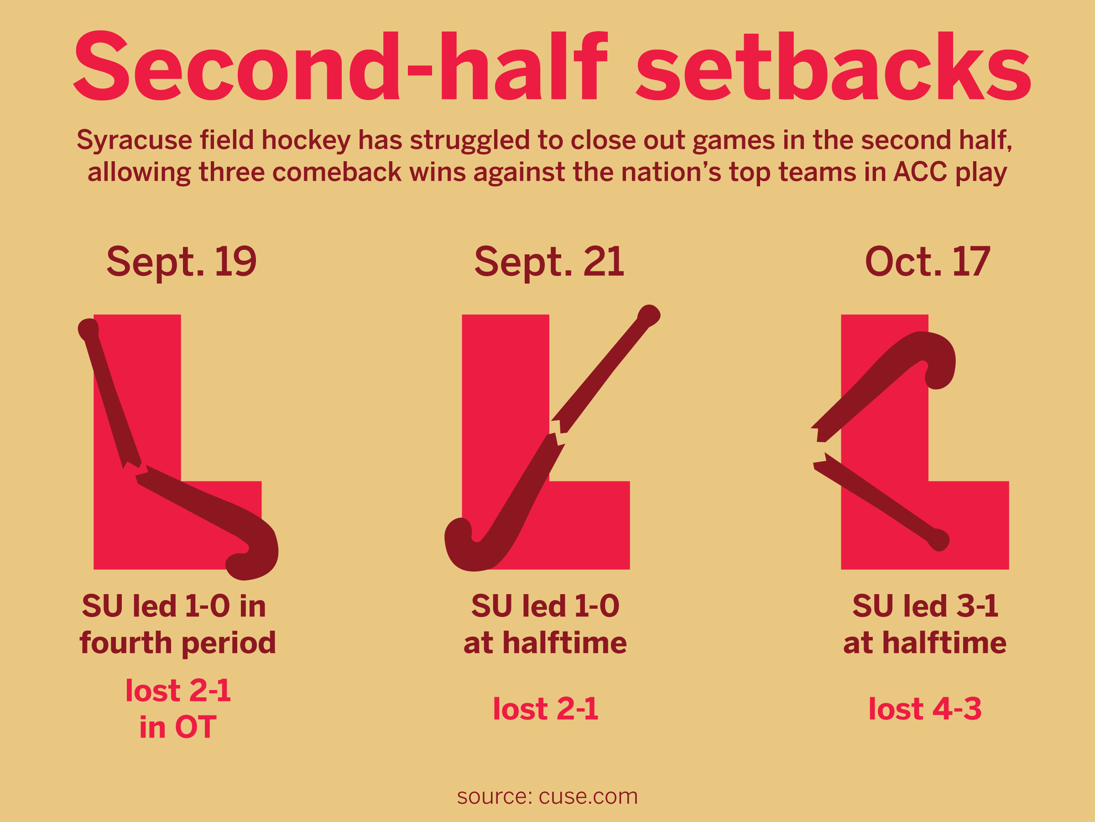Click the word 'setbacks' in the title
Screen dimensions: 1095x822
tap(833, 65)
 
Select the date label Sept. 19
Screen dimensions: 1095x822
tap(182, 262)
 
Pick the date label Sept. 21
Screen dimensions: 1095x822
tap(549, 262)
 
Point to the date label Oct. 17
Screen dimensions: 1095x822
tap(927, 262)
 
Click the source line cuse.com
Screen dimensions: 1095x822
tap(547, 797)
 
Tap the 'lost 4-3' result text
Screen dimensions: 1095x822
tap(925, 709)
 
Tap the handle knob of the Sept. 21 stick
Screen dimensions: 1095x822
tap(649, 315)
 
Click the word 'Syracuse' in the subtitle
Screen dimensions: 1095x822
tap(134, 140)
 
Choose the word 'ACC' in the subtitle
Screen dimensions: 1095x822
tap(920, 172)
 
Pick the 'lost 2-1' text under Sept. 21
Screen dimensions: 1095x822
tap(546, 709)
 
